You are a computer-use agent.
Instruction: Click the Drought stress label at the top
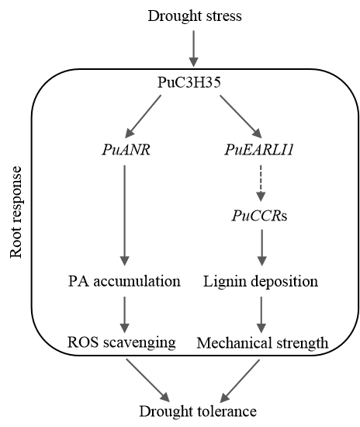195,16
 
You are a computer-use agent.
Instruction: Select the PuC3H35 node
189,82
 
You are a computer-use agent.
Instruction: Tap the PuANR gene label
126,150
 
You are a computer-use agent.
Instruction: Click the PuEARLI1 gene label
259,150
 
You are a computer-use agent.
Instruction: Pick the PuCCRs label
260,216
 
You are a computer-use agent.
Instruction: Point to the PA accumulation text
124,281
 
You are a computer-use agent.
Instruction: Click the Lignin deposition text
261,281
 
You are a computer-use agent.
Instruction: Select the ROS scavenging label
121,342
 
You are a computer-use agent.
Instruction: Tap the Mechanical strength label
262,343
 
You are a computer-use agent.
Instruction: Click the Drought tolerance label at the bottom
198,411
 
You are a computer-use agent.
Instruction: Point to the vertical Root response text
16,212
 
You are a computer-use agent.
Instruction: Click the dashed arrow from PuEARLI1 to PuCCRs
261,183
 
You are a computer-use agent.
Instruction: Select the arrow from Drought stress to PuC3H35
194,48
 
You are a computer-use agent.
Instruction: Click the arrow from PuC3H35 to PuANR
143,116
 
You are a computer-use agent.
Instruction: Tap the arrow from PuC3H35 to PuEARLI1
241,116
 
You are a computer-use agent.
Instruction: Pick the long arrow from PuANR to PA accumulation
125,215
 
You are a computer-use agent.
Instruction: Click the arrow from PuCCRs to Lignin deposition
261,248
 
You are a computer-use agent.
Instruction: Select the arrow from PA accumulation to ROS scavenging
125,314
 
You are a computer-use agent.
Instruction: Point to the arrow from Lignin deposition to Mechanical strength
261,314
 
